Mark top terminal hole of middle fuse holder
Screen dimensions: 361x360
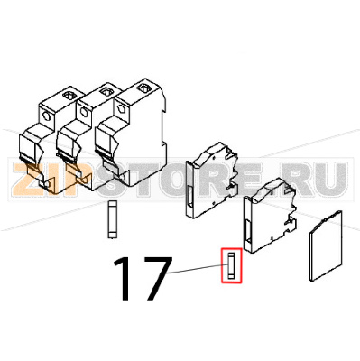pyautogui.click(x=106, y=91)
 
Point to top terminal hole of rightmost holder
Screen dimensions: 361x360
pyautogui.click(x=144, y=88)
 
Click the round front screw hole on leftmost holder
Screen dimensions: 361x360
pyautogui.click(x=46, y=120)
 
